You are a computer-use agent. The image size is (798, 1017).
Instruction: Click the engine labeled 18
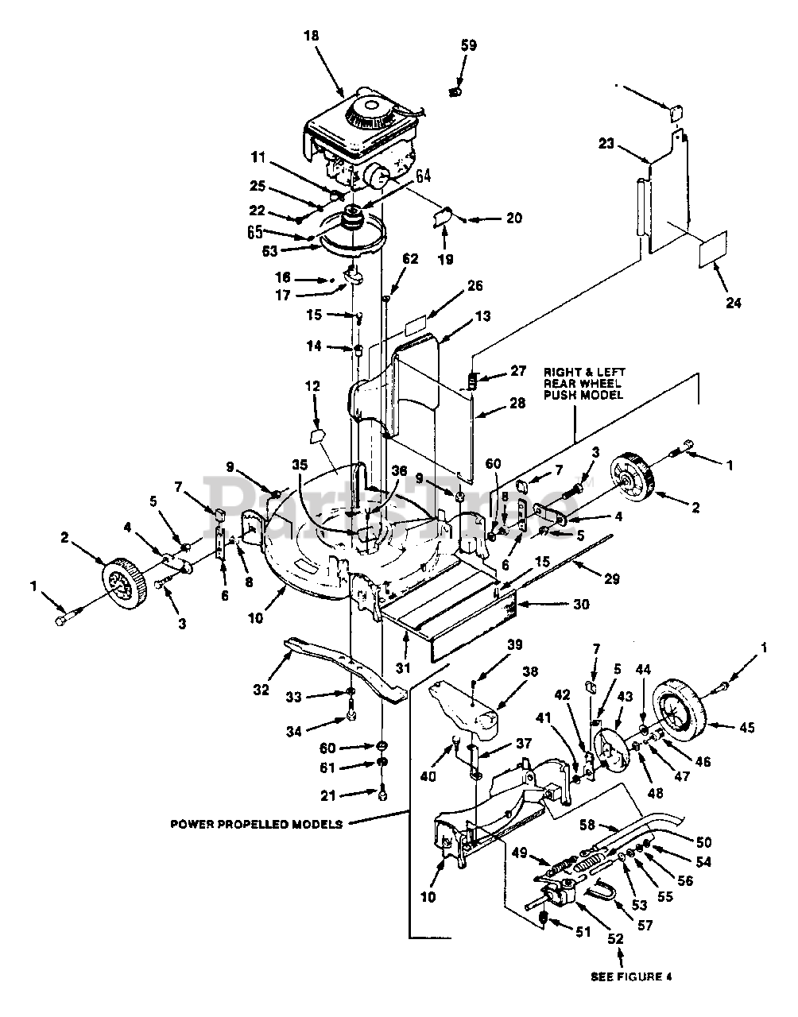tap(360, 141)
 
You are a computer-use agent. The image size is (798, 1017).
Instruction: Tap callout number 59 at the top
tap(468, 45)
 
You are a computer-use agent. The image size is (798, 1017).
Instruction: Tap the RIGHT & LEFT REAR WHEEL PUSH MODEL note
tap(584, 383)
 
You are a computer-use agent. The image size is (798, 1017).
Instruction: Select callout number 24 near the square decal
tap(734, 303)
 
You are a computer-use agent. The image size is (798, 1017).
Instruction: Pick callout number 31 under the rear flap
tap(402, 668)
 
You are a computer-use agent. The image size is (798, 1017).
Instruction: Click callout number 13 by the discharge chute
tap(482, 316)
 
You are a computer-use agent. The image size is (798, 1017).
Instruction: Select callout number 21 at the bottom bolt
tap(327, 795)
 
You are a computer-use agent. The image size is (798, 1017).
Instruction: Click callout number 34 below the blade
tap(294, 731)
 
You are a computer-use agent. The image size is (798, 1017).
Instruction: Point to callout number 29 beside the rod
tap(612, 579)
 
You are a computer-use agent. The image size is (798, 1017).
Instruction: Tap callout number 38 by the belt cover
tap(529, 671)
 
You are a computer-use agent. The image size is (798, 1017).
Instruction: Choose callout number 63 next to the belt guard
tap(269, 251)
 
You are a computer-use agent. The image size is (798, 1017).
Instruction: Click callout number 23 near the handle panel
tap(606, 143)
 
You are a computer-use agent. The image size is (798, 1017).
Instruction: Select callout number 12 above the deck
tap(312, 386)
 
